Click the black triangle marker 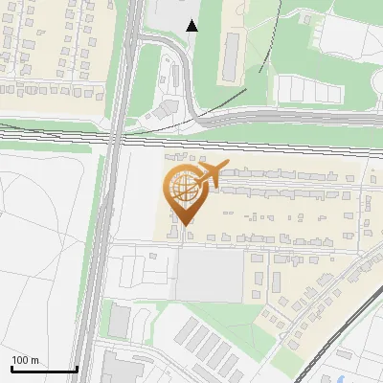[x=192, y=26]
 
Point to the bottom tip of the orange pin [x=184, y=225]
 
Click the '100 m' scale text [x=25, y=360]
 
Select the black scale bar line [x=44, y=369]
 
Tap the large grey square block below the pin [x=211, y=276]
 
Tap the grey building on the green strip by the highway [x=119, y=322]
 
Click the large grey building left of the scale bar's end [x=120, y=369]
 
